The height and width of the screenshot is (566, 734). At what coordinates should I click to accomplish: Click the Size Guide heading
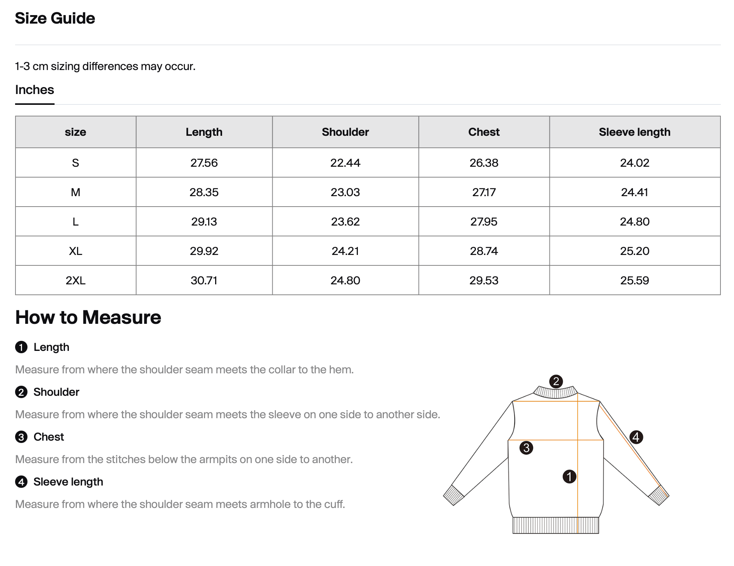[x=55, y=18]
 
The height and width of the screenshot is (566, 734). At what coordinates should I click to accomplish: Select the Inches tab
[x=34, y=90]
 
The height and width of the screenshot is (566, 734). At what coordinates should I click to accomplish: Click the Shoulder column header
[x=345, y=132]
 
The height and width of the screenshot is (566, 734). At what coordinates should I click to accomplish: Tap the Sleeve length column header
[x=634, y=132]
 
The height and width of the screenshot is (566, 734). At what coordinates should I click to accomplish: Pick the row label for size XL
[x=75, y=251]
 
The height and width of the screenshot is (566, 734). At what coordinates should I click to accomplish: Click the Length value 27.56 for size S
[x=204, y=163]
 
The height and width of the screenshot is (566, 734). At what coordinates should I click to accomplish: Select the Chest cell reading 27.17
[x=484, y=192]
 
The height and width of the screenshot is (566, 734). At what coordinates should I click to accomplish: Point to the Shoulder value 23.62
[x=345, y=222]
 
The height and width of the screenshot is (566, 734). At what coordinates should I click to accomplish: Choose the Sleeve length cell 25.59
[x=634, y=280]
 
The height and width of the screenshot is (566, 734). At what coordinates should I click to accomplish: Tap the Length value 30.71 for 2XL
[x=204, y=280]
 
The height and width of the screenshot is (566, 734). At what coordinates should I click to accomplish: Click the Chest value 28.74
[x=484, y=251]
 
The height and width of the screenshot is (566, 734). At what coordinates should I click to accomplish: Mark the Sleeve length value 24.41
[x=634, y=192]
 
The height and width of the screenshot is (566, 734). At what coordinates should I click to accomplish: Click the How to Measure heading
[x=88, y=317]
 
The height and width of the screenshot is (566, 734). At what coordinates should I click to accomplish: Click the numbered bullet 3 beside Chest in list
[x=21, y=437]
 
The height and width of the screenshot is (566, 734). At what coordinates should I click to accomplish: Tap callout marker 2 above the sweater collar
[x=556, y=381]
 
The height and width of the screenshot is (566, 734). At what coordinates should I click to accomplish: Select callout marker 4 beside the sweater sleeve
[x=636, y=437]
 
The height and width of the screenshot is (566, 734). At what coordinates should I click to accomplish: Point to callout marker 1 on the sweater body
[x=569, y=477]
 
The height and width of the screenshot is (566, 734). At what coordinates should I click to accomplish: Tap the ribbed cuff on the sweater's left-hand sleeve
[x=453, y=495]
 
